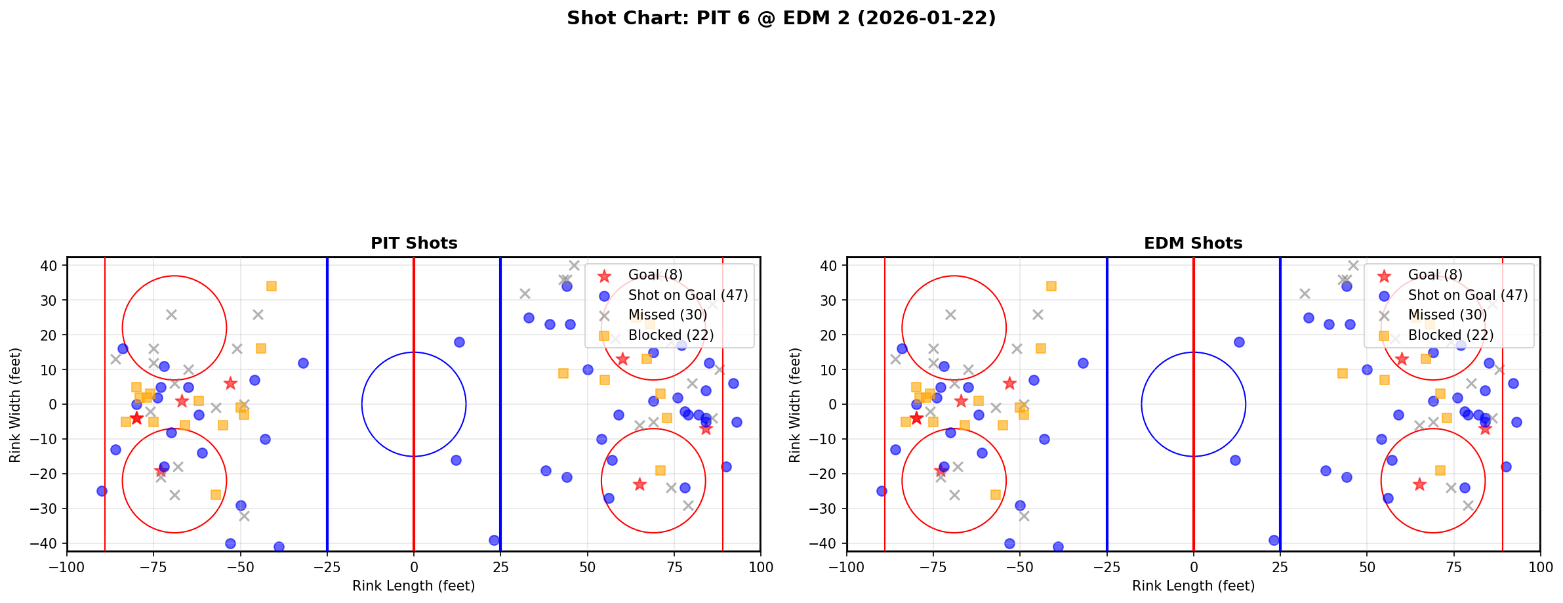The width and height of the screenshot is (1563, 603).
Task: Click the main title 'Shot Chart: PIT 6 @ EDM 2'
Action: [x=781, y=18]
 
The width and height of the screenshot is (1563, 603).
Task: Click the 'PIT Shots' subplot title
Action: [x=414, y=243]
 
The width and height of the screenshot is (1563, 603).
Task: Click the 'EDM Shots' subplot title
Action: [x=1193, y=243]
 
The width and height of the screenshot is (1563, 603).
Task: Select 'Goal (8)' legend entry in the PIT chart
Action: [x=655, y=275]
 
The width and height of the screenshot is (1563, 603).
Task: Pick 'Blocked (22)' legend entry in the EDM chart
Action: [x=1450, y=335]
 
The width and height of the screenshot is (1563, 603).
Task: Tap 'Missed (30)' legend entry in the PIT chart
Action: [x=667, y=315]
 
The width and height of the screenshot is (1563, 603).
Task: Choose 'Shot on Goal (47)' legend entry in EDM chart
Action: [x=1467, y=295]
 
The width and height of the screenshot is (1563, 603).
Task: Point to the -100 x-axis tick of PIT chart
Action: [x=67, y=566]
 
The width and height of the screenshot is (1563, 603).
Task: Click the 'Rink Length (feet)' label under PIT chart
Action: [x=414, y=586]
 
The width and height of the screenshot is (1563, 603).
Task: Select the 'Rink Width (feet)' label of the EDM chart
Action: [x=795, y=404]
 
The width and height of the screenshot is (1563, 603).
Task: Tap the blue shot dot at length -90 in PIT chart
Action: [x=102, y=491]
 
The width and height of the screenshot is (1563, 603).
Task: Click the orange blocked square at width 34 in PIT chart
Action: [x=272, y=286]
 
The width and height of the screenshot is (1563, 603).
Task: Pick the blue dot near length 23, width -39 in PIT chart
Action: [x=494, y=540]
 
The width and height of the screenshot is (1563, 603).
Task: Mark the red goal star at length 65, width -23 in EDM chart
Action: [x=1419, y=484]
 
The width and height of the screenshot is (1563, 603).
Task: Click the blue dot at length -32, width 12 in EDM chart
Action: [x=1083, y=363]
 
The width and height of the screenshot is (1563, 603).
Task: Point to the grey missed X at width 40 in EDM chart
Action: [x=1353, y=265]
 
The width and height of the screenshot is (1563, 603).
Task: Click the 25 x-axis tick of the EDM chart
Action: [x=1280, y=566]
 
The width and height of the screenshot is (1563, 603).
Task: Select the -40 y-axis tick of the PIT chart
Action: [x=49, y=543]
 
